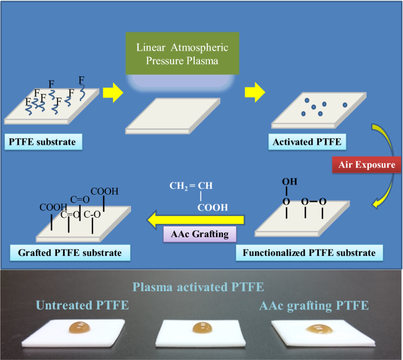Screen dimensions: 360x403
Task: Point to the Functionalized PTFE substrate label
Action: coord(309,254)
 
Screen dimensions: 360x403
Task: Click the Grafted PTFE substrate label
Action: coord(69,254)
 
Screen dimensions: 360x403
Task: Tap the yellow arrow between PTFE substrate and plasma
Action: coord(112,92)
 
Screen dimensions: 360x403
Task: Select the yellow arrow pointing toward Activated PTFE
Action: coord(254,92)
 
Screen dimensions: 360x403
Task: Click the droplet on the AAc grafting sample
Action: coord(317,330)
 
